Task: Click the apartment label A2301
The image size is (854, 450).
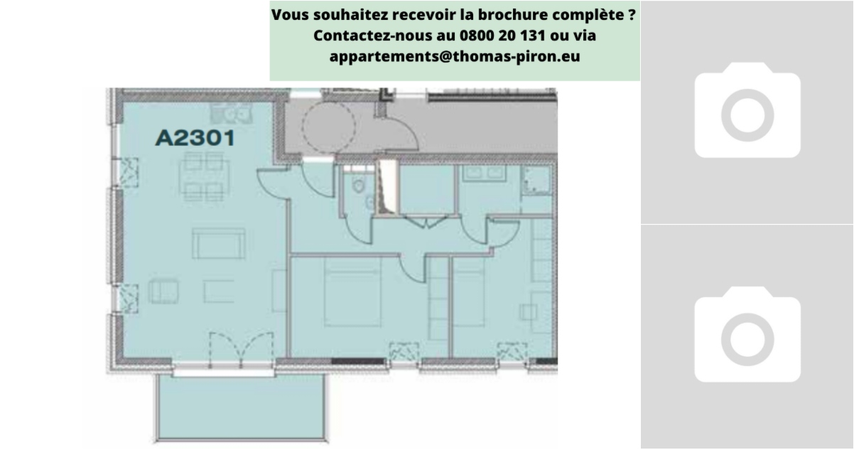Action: click(x=195, y=138)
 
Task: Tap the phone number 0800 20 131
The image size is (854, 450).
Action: click(x=502, y=36)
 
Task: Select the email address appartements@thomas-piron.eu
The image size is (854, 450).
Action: click(x=455, y=56)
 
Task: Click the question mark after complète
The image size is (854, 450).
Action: click(x=631, y=14)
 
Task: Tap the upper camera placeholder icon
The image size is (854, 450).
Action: click(x=747, y=110)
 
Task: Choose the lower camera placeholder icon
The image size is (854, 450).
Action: click(x=747, y=334)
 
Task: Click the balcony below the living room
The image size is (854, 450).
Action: click(x=242, y=407)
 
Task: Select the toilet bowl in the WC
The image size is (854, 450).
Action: click(x=358, y=186)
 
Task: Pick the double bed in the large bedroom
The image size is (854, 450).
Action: click(x=352, y=292)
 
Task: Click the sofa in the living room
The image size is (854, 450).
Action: click(x=218, y=243)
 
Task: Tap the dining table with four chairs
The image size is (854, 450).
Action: click(x=204, y=176)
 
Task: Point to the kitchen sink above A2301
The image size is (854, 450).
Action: click(x=232, y=112)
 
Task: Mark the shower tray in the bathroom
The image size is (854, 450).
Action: click(x=536, y=181)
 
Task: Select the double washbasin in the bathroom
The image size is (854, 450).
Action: click(x=484, y=173)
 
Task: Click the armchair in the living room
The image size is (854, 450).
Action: click(x=164, y=291)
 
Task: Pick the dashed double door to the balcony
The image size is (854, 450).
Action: click(x=241, y=350)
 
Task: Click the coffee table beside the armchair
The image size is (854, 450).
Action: click(x=219, y=291)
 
